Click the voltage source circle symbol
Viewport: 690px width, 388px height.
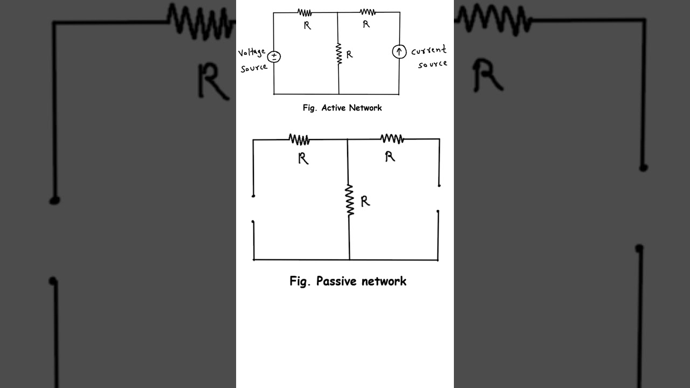point(274,57)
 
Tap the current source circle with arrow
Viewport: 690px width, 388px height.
point(399,52)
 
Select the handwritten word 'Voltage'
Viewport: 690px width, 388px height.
point(252,53)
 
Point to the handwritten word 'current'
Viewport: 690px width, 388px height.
point(429,51)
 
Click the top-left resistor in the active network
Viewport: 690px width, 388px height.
point(305,12)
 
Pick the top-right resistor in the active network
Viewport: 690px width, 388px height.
point(368,12)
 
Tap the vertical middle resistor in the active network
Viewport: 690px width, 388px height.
point(339,54)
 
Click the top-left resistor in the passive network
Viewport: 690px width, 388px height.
point(299,140)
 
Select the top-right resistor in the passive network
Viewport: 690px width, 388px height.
point(392,139)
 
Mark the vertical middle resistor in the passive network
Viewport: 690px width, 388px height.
point(350,200)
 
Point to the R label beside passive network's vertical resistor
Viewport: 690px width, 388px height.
point(365,202)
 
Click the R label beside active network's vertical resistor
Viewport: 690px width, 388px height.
point(349,54)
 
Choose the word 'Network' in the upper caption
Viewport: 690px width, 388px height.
point(365,108)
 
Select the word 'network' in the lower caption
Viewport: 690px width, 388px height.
point(384,281)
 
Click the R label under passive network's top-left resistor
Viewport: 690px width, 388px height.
point(303,158)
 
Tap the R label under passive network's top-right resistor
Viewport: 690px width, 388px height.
point(390,156)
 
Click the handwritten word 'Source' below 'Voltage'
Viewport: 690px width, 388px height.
point(254,68)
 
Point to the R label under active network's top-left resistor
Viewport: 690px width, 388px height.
point(307,25)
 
